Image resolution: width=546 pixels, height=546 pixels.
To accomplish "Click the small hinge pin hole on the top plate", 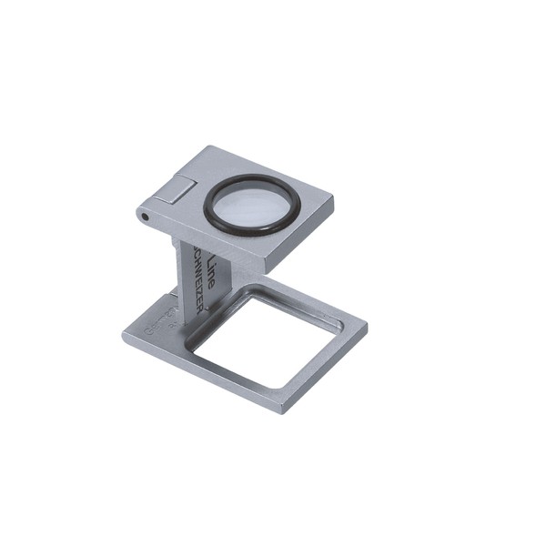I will point(143,217).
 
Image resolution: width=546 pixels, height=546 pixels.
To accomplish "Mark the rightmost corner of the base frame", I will point(367,324).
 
